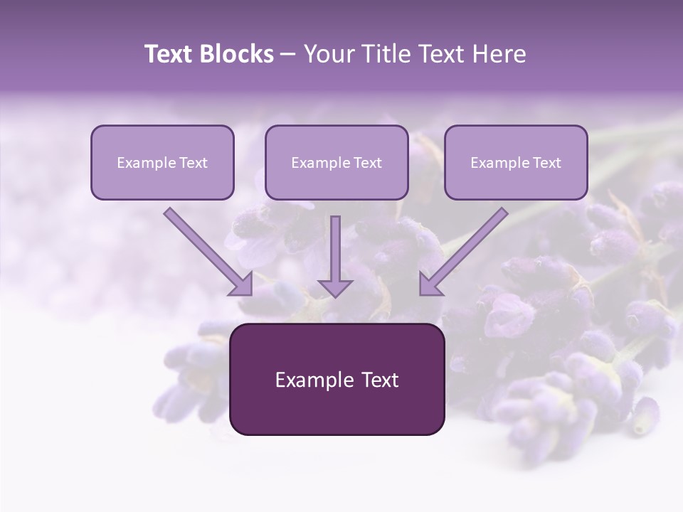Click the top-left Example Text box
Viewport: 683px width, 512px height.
(x=162, y=162)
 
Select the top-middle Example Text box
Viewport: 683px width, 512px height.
(x=337, y=162)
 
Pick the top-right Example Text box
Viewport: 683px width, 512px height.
(x=516, y=162)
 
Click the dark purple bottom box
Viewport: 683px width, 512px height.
(x=337, y=379)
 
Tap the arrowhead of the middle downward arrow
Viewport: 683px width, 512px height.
(x=335, y=287)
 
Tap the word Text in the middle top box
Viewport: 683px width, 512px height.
(x=367, y=163)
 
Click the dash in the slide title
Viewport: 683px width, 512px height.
(x=288, y=54)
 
